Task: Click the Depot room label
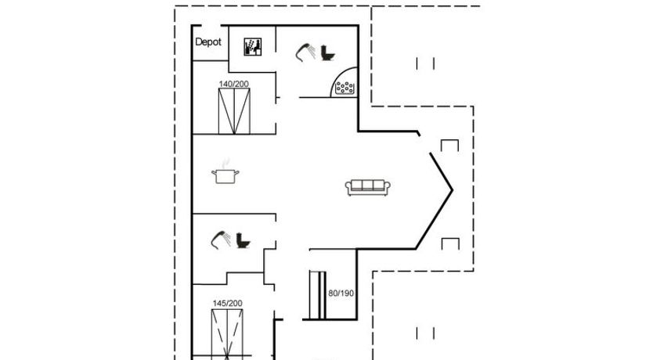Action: coord(207,42)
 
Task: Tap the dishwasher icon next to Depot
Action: coord(252,47)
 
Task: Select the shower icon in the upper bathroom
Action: coord(305,52)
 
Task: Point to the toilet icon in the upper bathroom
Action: coord(328,53)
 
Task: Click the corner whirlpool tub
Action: coord(345,83)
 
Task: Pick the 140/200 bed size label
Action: coord(233,84)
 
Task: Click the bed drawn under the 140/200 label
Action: coord(234,111)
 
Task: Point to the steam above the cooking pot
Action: coord(225,163)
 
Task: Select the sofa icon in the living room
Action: coord(368,188)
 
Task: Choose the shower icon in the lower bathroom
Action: coord(221,239)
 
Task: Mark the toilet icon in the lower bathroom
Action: coord(243,240)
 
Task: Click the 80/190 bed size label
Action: coord(341,293)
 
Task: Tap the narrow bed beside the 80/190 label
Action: coord(317,295)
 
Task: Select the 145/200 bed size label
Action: coord(227,304)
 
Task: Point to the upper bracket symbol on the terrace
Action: coord(449,146)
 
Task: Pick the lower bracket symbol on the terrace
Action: coord(450,243)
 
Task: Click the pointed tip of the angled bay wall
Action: coord(453,191)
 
